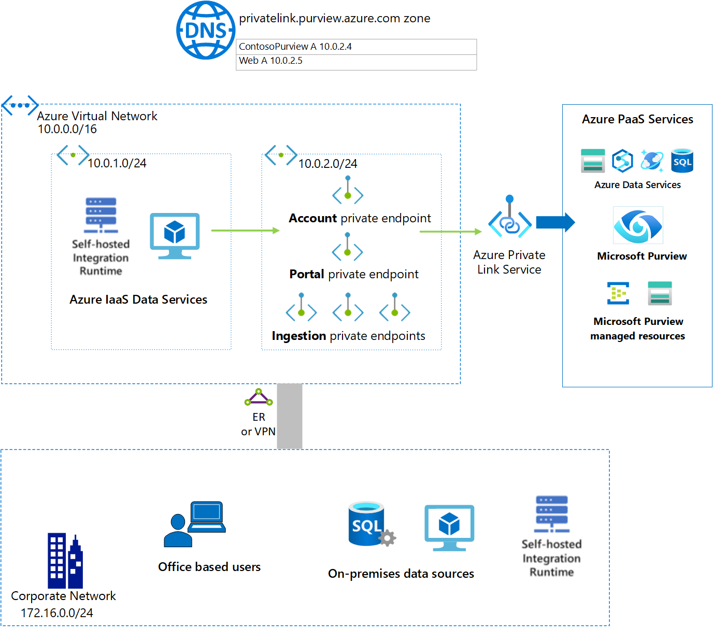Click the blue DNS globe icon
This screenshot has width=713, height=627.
206,30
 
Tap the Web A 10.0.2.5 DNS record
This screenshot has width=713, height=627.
270,61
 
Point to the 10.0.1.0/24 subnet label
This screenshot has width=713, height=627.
117,163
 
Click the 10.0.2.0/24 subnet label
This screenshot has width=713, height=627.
328,164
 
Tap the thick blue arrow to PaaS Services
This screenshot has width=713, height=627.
555,222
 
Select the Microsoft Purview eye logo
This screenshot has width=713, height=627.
638,225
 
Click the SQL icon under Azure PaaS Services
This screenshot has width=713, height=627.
682,161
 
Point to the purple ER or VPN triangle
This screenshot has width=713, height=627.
259,397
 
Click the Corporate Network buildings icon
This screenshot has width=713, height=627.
65,561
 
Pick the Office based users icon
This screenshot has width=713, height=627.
195,524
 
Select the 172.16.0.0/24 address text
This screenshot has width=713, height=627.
57,613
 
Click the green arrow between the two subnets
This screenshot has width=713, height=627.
245,230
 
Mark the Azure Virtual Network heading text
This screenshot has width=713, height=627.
97,116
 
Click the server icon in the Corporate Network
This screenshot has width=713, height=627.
552,514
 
